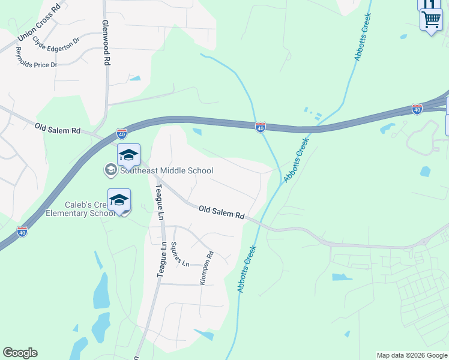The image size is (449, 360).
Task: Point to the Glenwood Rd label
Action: tap(106, 44)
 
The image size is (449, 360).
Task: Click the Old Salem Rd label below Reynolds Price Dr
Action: tap(58, 128)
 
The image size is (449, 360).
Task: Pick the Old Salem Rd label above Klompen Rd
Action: tap(221, 211)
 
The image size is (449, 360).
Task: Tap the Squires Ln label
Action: tap(180, 254)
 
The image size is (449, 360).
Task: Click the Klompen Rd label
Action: tap(207, 267)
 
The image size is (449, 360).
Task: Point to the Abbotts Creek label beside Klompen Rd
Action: tap(247, 269)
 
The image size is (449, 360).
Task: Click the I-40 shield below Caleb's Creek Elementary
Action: tap(22, 231)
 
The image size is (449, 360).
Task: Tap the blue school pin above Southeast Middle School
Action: tap(129, 155)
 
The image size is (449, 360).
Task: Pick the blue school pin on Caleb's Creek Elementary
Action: tap(119, 200)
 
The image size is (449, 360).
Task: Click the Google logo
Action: tap(20, 353)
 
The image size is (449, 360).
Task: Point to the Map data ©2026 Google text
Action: tap(411, 355)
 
